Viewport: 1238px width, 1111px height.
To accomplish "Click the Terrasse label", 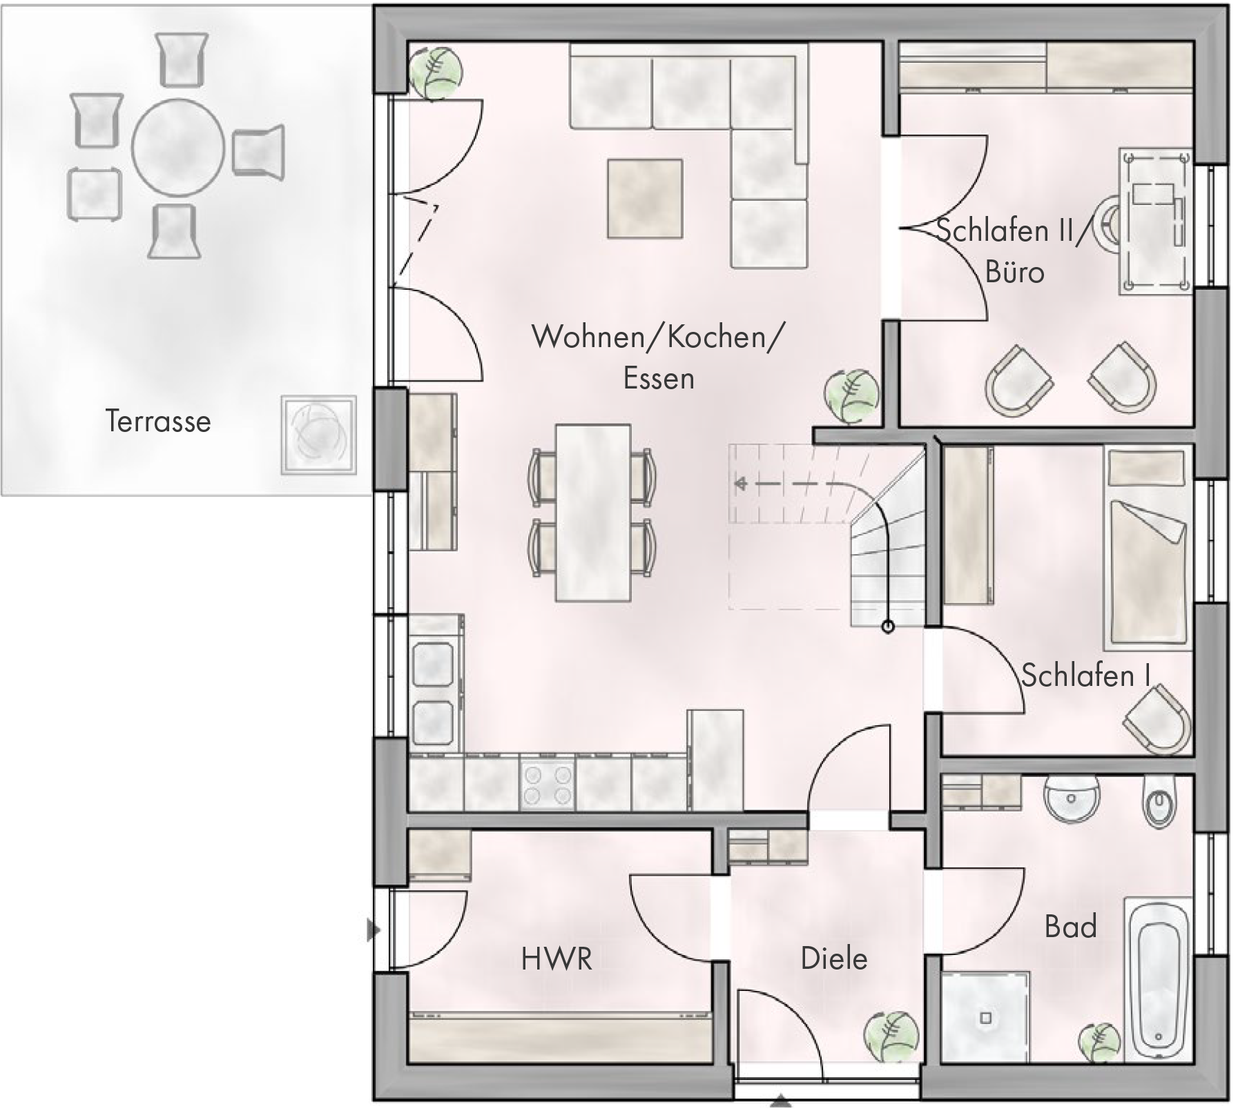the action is (x=158, y=421).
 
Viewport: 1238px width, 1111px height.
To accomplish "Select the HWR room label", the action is (x=557, y=958).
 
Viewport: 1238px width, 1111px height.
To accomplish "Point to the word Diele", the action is (x=833, y=958).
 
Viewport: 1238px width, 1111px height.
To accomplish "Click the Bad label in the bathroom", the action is (x=1070, y=926).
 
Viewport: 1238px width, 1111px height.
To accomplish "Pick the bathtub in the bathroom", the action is (x=1159, y=980).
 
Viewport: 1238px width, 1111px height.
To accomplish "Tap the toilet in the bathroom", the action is (x=1159, y=803).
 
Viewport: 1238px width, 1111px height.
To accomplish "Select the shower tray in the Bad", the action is (x=985, y=1016).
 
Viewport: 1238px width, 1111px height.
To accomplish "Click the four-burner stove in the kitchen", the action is (x=548, y=785).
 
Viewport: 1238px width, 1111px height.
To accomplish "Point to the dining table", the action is (x=593, y=513).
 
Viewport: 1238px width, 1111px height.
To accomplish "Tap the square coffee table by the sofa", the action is (x=645, y=198).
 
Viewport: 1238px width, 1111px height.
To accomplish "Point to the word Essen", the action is (x=658, y=378).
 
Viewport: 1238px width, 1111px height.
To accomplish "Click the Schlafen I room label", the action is (x=1085, y=676).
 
